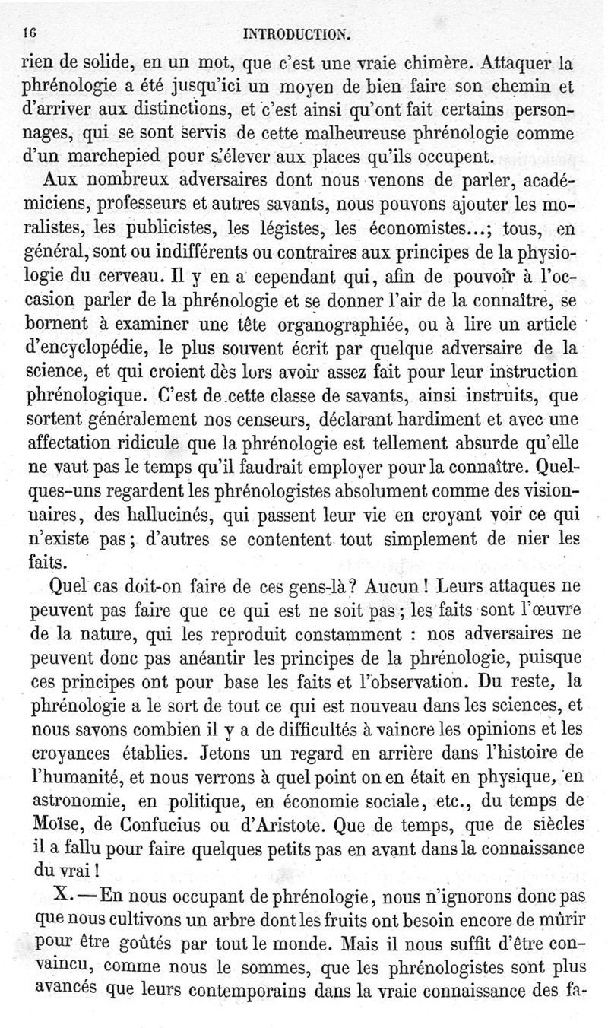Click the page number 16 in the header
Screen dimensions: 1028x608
pyautogui.click(x=30, y=33)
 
